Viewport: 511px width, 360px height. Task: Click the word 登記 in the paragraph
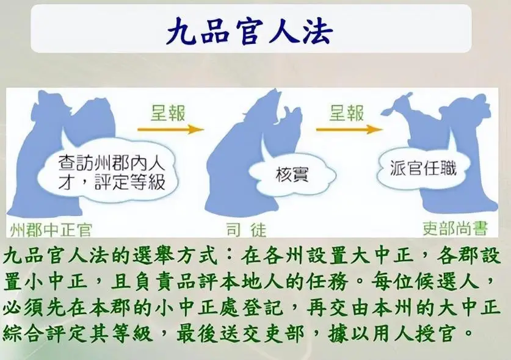[252, 307]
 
